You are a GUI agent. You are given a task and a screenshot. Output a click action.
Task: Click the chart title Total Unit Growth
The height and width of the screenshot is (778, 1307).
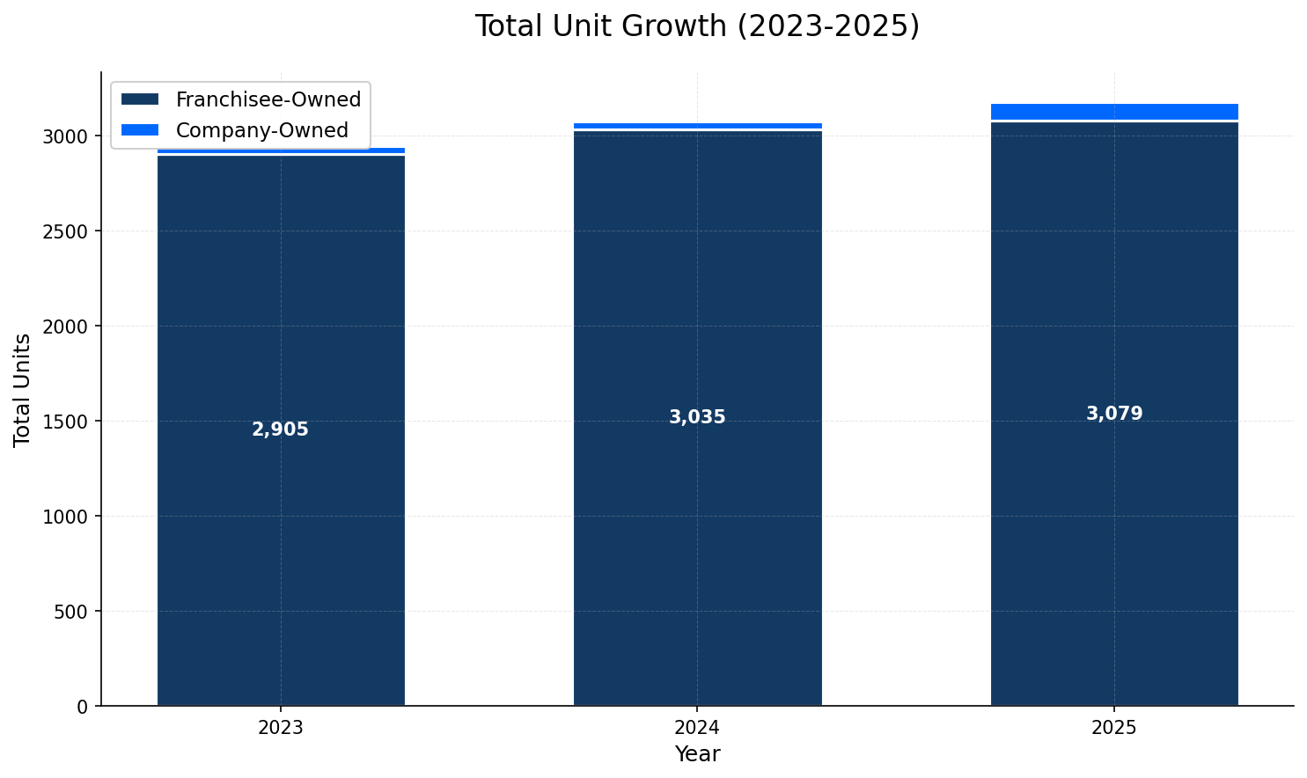696,26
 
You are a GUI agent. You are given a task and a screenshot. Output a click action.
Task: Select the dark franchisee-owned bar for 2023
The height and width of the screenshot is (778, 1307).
281,528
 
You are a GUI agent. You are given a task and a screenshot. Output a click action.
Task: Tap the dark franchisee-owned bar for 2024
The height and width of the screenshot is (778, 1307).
697,528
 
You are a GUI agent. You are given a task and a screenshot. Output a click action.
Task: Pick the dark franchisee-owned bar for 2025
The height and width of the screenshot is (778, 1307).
1113,528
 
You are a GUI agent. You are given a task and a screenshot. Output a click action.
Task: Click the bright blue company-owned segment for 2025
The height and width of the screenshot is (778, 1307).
1113,111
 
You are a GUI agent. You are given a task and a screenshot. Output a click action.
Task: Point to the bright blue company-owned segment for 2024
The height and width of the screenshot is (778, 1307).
697,126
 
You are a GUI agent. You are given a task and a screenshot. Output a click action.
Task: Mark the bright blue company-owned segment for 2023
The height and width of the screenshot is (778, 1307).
281,150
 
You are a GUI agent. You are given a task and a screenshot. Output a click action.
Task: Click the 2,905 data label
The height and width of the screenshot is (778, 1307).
280,429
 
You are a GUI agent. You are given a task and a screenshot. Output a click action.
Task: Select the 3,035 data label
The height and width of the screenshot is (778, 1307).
697,417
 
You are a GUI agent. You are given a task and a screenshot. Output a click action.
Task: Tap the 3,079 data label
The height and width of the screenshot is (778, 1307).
1113,414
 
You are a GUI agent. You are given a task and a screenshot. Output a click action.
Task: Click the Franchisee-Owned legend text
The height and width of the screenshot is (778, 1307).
268,99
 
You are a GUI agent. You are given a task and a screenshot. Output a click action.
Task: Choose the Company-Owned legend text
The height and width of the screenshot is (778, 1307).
261,130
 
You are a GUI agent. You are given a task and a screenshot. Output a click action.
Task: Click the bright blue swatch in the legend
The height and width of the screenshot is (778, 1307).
140,130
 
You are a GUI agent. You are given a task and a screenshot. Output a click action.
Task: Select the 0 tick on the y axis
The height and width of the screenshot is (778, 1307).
83,707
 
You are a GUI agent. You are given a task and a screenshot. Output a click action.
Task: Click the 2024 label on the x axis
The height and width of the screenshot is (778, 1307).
697,728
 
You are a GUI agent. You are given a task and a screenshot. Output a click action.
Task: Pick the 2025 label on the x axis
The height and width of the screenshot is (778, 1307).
1113,728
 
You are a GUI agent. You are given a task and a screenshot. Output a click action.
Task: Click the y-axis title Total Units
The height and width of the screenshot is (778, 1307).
22,389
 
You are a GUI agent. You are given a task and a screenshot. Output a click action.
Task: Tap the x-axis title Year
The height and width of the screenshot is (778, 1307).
697,754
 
